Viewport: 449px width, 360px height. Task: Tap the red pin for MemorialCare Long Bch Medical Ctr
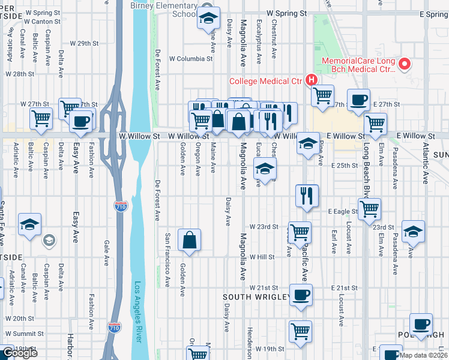tap(405, 63)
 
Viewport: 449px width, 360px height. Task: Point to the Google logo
tap(20, 353)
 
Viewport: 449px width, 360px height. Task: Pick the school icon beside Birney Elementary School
tap(208, 18)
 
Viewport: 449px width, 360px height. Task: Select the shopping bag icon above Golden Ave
tap(190, 240)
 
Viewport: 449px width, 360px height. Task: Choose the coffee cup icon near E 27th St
tap(358, 99)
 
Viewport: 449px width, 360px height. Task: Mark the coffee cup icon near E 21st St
tap(301, 295)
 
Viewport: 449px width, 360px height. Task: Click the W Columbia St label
tap(191, 59)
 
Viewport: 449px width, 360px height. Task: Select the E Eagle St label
tap(342, 211)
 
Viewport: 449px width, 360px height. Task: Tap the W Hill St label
tap(262, 257)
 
